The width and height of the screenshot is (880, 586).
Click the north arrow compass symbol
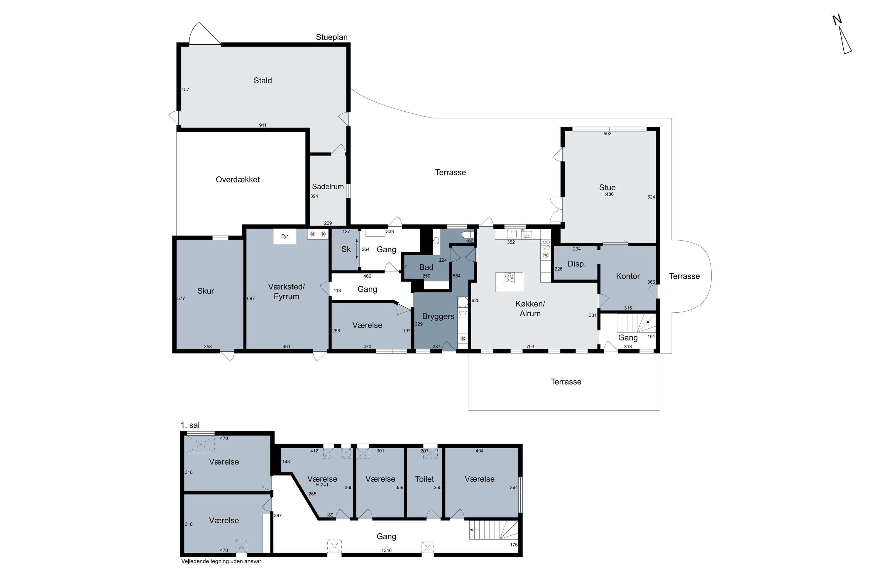click(842, 40)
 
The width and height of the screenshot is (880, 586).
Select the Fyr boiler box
click(284, 236)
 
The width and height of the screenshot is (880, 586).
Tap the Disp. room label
click(577, 264)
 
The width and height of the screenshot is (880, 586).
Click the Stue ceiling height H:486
click(607, 194)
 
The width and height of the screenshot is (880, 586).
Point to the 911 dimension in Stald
click(263, 125)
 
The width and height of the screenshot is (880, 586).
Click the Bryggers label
click(438, 316)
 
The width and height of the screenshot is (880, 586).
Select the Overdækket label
click(238, 179)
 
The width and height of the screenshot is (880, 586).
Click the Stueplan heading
click(332, 37)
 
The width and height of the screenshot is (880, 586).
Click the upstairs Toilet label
click(425, 479)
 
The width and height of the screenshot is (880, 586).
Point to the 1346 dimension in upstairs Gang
click(387, 550)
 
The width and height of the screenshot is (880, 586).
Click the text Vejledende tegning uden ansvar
click(221, 561)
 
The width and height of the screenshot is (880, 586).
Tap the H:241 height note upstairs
click(322, 485)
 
